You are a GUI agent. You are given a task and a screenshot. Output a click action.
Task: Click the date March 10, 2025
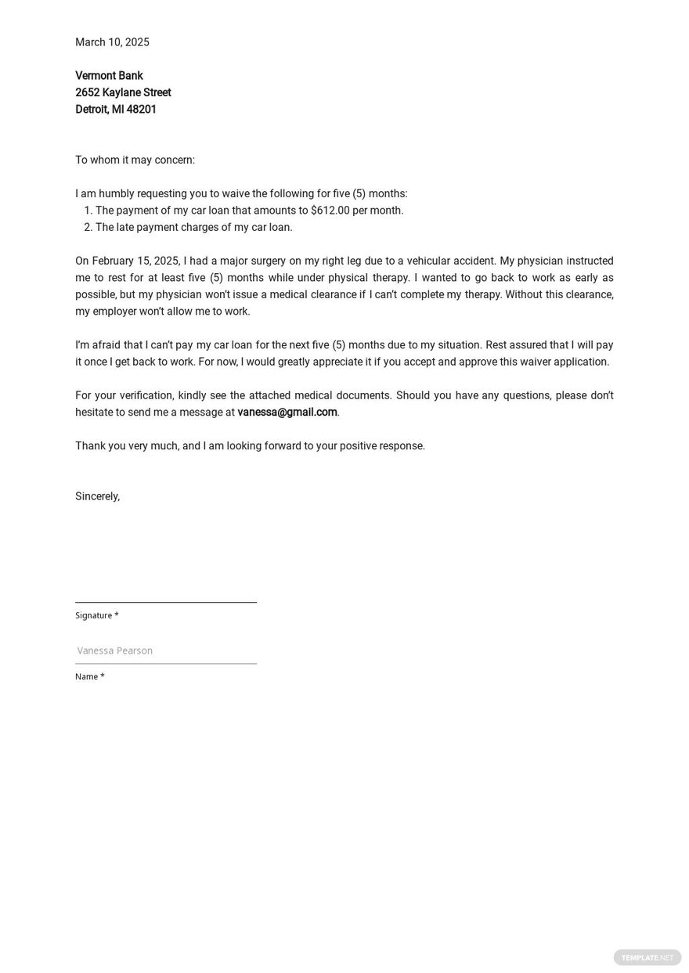coord(112,42)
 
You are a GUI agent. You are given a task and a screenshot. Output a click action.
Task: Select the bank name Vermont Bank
coord(109,76)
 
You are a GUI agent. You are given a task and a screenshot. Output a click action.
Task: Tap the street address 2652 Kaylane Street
coord(123,92)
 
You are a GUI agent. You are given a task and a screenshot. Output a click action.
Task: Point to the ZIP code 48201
coord(142,110)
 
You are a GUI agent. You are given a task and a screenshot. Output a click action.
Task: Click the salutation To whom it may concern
coord(135,160)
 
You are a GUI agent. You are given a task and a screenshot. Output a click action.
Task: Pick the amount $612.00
coord(330,211)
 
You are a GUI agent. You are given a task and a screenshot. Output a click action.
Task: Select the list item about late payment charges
coord(193,227)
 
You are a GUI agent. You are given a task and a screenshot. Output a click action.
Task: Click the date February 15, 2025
coord(135,261)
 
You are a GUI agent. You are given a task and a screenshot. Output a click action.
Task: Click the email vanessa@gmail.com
coord(287,412)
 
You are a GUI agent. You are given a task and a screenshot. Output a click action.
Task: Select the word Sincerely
coord(97,496)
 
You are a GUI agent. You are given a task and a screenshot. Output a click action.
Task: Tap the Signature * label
coord(97,615)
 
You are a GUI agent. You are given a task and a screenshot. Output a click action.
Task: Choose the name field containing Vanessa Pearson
coord(166,650)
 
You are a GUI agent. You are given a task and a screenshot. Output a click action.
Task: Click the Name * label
coord(89,676)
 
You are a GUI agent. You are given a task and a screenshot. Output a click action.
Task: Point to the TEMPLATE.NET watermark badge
coord(647,957)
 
